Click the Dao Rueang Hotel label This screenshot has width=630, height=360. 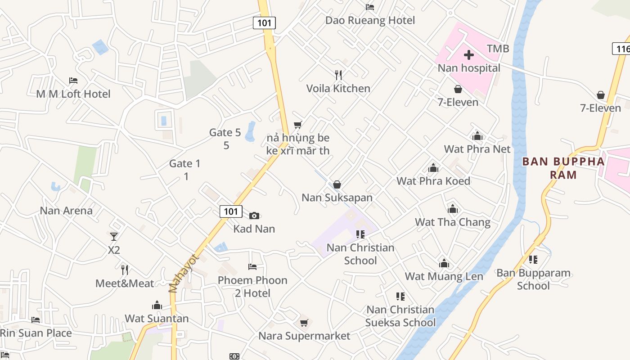click(x=370, y=20)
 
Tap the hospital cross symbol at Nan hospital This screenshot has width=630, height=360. click(x=469, y=55)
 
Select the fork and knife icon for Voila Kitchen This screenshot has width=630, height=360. click(x=338, y=75)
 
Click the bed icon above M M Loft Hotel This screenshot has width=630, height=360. click(x=73, y=81)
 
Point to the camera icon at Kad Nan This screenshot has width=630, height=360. click(x=254, y=216)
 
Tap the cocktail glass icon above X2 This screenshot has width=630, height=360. click(x=114, y=236)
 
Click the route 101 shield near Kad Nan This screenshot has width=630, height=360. click(x=231, y=211)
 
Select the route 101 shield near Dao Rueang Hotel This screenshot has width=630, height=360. click(x=264, y=22)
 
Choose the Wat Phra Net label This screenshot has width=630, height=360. click(x=477, y=149)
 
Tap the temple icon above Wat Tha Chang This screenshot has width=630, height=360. click(x=453, y=209)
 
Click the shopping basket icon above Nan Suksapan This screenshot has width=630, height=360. click(x=337, y=184)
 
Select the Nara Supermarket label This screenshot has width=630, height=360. click(x=304, y=336)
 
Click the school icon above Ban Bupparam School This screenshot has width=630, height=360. click(x=533, y=260)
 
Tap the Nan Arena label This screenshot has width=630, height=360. click(x=66, y=211)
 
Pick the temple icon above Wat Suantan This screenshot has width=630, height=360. click(x=157, y=305)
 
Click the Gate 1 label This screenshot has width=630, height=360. click(x=184, y=163)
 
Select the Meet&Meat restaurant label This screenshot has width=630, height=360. click(x=125, y=283)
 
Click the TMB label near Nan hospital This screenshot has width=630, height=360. click(x=498, y=49)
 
